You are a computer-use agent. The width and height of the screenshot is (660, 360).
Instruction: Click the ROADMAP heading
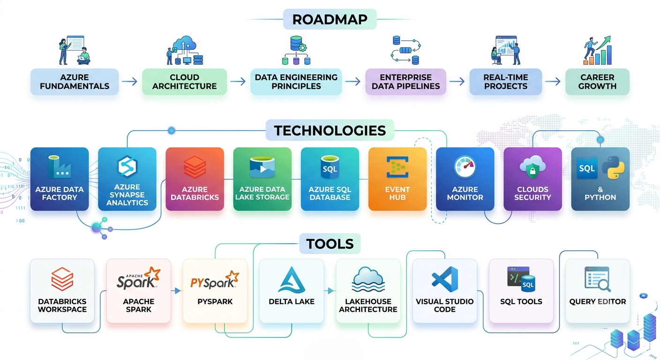(x=330, y=19)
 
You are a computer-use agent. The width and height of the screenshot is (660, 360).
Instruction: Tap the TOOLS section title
(x=330, y=244)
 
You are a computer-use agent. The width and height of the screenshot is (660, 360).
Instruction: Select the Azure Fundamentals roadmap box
(x=75, y=82)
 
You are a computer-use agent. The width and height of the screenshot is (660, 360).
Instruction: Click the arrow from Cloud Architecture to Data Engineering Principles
(x=238, y=82)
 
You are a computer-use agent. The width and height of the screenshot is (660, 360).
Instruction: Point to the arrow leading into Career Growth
(x=553, y=82)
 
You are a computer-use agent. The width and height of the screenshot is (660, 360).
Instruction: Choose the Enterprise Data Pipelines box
(x=406, y=82)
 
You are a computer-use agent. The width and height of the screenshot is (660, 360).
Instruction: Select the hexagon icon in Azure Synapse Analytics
(x=127, y=166)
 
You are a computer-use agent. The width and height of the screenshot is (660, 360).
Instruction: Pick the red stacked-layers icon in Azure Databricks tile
(x=195, y=167)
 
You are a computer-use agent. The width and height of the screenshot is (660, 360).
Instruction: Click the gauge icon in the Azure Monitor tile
(x=465, y=167)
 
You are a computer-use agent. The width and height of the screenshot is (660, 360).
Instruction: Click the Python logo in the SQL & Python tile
(x=613, y=168)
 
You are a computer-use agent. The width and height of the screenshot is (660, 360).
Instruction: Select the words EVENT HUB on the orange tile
(x=397, y=193)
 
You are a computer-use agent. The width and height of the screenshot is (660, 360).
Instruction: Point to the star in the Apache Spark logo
(x=154, y=273)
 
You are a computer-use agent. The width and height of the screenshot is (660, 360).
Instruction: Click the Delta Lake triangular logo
(x=292, y=280)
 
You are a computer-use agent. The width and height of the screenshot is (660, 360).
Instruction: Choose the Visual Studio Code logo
(x=445, y=279)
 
